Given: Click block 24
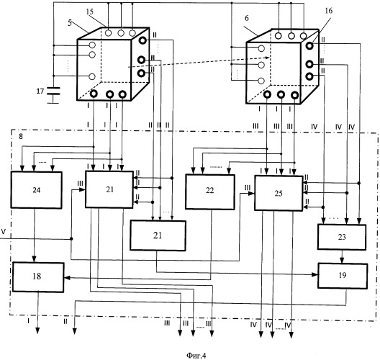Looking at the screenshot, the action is coord(37,190).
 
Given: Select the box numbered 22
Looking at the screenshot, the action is coord(210,192).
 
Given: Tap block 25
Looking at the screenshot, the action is coord(279,193).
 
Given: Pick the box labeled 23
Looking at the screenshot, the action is coord(342,237).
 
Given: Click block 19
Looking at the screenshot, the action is coord(343,276).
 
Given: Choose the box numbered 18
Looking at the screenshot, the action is coord(38,277).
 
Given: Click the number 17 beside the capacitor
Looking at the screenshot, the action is coord(40,91).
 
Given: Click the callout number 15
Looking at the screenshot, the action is coord(89,12).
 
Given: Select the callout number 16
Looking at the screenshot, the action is coord(329,11).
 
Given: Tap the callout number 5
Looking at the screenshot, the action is coord(70,23).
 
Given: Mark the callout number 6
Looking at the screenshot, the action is coord(247,18).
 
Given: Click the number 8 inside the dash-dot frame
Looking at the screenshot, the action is coord(21,137).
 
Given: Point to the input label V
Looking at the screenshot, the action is coord(3,232).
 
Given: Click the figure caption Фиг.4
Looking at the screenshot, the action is coord(196,356).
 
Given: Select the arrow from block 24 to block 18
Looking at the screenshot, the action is coord(35,235).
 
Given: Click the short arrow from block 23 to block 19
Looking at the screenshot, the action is coord(342,256).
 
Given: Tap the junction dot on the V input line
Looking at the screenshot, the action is coord(71,239).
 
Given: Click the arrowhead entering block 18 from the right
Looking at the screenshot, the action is coord(67,278).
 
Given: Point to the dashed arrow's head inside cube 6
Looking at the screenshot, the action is coord(268,58).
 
